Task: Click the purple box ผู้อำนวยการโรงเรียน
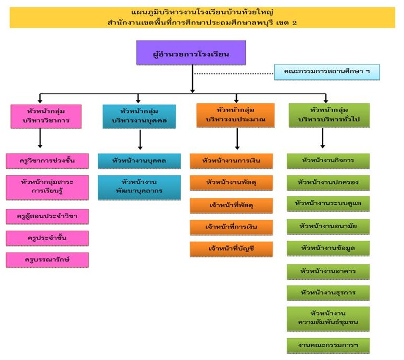(191, 54)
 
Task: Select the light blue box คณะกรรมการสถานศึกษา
(327, 71)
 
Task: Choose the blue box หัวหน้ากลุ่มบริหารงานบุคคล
(139, 116)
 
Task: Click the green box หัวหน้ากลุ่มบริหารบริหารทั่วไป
(329, 116)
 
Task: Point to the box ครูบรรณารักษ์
(47, 259)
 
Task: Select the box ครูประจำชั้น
(47, 238)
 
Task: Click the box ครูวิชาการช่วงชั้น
(47, 161)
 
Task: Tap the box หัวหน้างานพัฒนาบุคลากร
(139, 187)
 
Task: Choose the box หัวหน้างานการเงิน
(231, 161)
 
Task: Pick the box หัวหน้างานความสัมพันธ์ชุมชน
(328, 318)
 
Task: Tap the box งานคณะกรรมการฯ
(328, 345)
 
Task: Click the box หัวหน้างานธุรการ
(328, 292)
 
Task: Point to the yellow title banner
(202, 17)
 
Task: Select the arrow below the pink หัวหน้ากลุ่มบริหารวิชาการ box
(40, 139)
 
